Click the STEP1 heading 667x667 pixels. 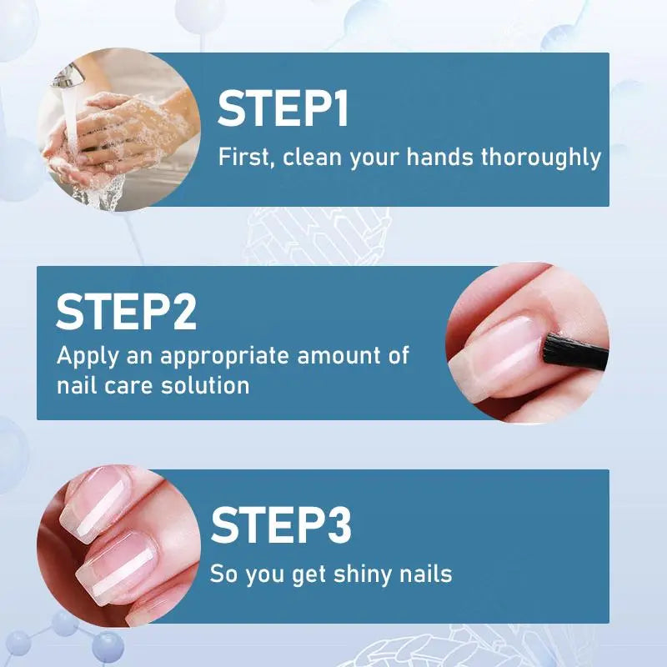tap(283, 109)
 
